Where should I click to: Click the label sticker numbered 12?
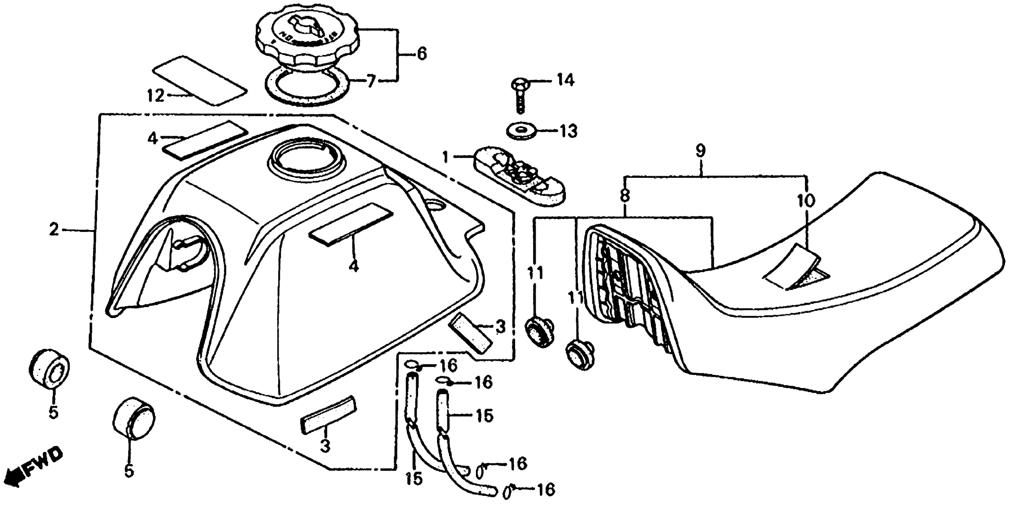click(200, 80)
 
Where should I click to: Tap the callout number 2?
click(54, 230)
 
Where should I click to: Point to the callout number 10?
click(805, 201)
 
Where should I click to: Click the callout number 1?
click(445, 157)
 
